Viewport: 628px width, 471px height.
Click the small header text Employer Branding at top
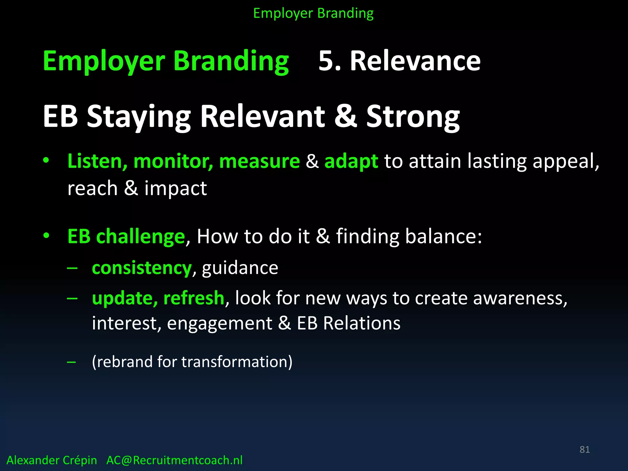coord(313,13)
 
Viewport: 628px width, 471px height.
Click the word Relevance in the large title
coord(415,61)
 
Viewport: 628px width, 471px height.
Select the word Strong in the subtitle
coord(413,117)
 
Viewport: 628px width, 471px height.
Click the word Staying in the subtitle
coord(139,117)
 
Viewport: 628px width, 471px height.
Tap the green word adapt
coord(351,162)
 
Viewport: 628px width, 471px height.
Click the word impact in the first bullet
coord(175,188)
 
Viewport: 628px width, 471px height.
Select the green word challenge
coord(140,237)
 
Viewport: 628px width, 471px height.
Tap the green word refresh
coord(194,298)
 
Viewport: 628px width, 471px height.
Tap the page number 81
coord(584,450)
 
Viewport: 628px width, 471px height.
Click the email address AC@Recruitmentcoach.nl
coord(174,460)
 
